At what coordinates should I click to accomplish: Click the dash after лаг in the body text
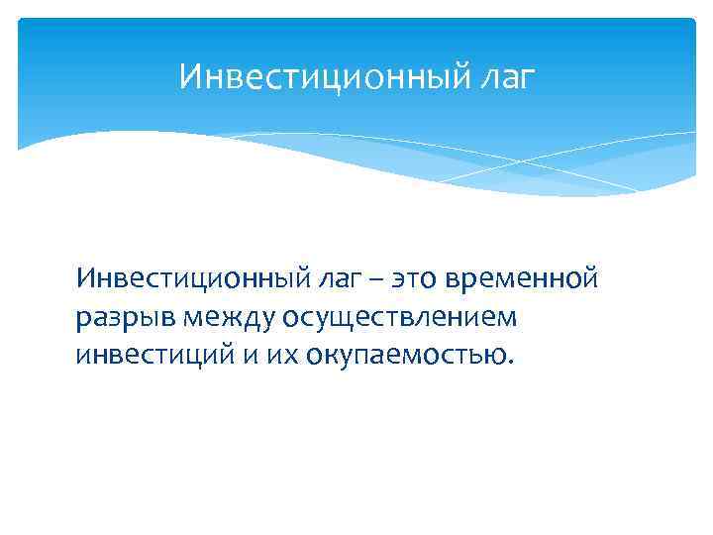point(371,280)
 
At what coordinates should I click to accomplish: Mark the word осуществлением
point(400,317)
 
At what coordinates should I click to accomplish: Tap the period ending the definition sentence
point(511,363)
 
